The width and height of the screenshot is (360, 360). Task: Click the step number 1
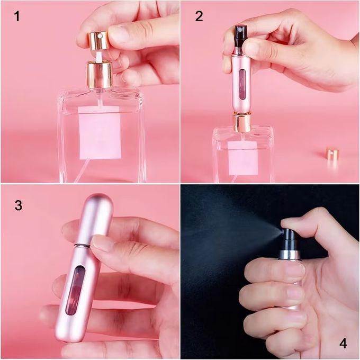coord(17,16)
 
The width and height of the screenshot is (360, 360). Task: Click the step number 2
coord(199,16)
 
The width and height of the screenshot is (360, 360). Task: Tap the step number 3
coord(18,205)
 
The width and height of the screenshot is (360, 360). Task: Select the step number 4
coord(343,343)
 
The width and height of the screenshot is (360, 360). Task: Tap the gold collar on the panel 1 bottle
coord(100,74)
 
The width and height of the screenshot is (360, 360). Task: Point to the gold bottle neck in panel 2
coord(242,123)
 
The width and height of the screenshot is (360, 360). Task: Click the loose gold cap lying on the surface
coord(332,154)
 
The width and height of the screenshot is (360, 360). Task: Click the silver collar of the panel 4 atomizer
coord(290,254)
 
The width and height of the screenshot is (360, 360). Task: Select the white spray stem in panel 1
coord(98,55)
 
